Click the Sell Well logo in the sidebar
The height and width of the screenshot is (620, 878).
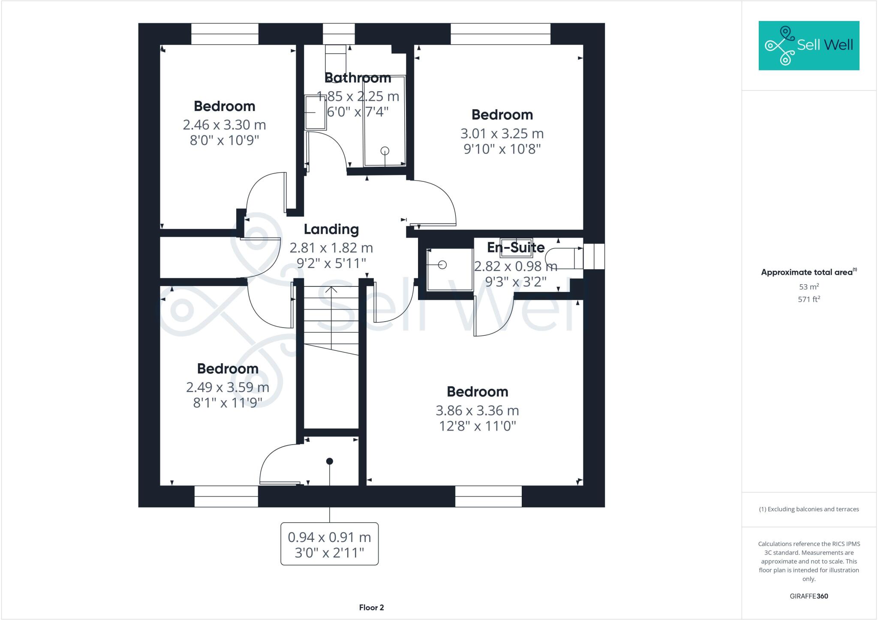809,45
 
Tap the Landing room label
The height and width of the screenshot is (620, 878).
331,229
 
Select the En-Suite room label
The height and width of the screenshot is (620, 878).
516,247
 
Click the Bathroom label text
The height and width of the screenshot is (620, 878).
358,78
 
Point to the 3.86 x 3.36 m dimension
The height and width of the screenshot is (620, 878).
477,411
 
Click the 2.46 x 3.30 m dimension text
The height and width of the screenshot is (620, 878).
224,125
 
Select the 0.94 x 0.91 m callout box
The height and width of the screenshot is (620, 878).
329,544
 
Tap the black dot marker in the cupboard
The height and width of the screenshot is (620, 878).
330,461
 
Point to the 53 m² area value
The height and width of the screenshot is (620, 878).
809,286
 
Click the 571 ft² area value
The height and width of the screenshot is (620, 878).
809,299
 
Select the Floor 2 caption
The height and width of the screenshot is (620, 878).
371,608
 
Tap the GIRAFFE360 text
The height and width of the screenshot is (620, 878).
809,596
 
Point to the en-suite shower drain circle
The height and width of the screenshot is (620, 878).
442,265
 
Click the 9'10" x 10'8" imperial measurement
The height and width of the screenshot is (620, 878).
502,149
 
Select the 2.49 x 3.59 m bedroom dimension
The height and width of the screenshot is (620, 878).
227,387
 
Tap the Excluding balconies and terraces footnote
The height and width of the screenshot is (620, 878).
809,509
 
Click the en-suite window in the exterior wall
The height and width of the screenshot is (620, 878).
594,256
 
